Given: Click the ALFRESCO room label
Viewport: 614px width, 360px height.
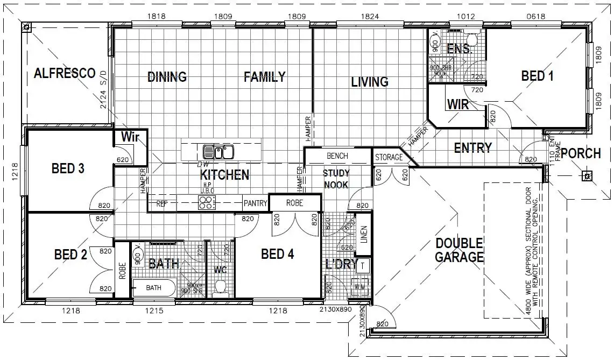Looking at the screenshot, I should [65, 74].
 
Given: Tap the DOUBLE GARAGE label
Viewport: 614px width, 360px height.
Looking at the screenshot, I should [459, 250].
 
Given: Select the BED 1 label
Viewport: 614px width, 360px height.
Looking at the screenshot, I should [537, 76].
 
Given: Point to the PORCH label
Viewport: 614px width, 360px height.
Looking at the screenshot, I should [581, 154].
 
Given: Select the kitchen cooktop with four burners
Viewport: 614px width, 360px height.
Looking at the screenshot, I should [207, 202].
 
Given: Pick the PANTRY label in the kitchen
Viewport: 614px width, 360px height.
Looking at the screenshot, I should [255, 203].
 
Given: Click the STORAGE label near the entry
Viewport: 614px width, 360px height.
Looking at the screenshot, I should [389, 158].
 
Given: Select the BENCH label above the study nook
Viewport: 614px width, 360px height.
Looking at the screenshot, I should [337, 156].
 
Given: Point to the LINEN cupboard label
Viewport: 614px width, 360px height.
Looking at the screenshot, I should [364, 235].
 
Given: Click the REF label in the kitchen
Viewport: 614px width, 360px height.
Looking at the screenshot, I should [161, 204].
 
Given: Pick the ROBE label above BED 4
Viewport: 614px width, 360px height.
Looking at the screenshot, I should [294, 203].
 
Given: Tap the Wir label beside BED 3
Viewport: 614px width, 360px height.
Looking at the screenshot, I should [130, 137].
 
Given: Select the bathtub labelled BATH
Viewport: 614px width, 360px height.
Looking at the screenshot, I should [154, 288].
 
